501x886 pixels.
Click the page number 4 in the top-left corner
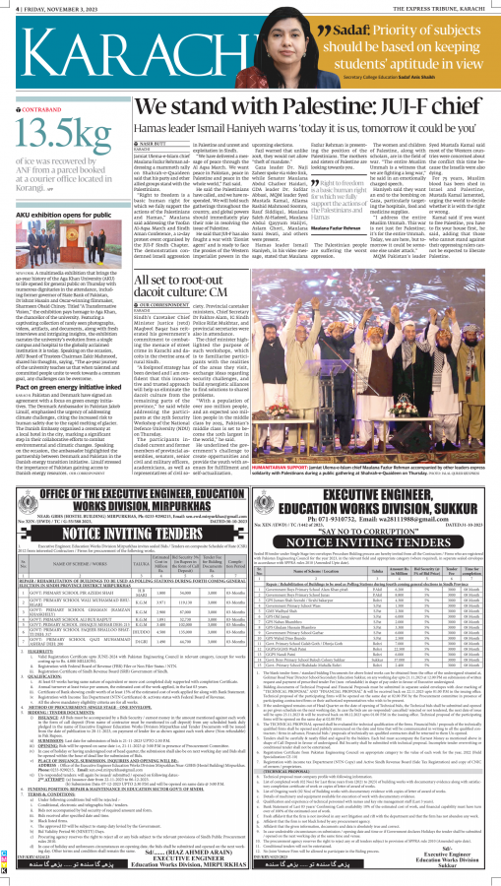[x=5, y=5]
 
